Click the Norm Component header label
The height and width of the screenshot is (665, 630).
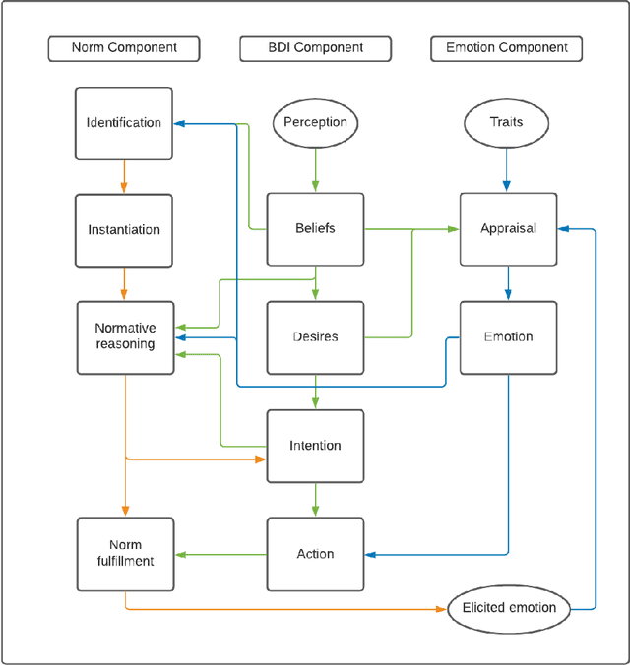(x=124, y=48)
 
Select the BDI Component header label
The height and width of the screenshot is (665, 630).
(x=315, y=48)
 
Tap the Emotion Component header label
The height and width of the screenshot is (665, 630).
(x=507, y=48)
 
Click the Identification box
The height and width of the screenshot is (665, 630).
(x=124, y=123)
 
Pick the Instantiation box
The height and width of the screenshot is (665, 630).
(x=124, y=230)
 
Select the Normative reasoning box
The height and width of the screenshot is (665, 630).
(x=125, y=336)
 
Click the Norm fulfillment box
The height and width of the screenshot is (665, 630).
(x=125, y=554)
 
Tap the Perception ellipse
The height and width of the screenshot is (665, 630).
(x=315, y=123)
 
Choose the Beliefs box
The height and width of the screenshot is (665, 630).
(x=315, y=229)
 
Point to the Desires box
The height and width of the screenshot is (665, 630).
(x=315, y=337)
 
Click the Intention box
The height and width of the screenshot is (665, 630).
(x=315, y=446)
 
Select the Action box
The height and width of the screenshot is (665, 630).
(x=315, y=554)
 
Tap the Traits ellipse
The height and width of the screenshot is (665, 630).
(x=507, y=123)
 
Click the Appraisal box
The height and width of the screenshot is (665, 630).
(x=508, y=229)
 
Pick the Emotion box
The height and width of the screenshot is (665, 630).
(x=508, y=337)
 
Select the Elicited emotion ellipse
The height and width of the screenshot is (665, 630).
(x=509, y=608)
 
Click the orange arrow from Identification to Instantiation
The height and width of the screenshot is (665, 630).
(x=124, y=176)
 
